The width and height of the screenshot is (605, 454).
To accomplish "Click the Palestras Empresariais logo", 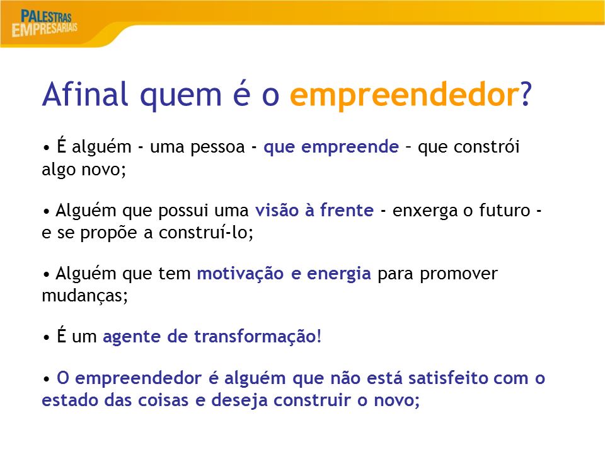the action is [44, 23].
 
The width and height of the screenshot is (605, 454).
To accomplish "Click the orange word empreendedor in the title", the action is [405, 95].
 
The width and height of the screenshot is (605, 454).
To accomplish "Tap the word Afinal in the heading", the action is [85, 94].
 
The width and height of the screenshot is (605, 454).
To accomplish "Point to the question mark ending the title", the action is [526, 93].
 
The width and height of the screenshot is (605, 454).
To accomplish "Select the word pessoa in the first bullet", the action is [217, 147].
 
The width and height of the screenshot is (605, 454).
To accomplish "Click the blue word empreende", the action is [350, 147].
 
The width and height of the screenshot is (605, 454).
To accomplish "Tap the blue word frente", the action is [347, 210].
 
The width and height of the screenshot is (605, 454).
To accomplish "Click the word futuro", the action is [505, 211].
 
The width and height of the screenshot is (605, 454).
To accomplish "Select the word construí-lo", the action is [205, 232].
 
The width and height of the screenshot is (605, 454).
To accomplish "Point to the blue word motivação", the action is [240, 274].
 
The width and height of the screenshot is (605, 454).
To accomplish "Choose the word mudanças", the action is [84, 296].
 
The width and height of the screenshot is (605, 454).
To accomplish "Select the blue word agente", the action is [131, 337].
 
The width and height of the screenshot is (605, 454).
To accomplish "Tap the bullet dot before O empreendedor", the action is [46, 379].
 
